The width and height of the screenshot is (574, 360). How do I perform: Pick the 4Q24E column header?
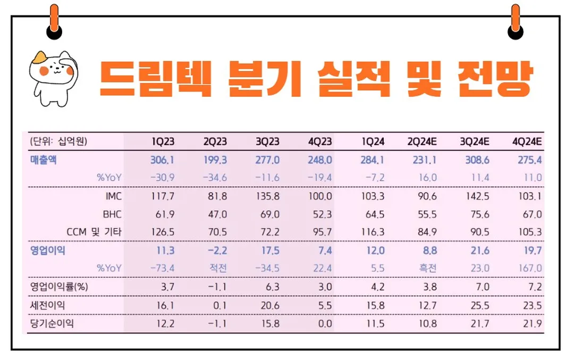click(x=527, y=141)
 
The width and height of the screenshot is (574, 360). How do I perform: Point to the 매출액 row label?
click(x=43, y=160)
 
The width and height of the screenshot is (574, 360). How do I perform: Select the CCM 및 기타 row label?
click(x=94, y=232)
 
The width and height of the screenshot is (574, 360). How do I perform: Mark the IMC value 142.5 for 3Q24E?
click(x=477, y=196)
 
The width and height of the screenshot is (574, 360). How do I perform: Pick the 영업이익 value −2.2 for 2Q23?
click(x=216, y=250)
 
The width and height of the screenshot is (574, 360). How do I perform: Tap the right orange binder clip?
click(x=514, y=21)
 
